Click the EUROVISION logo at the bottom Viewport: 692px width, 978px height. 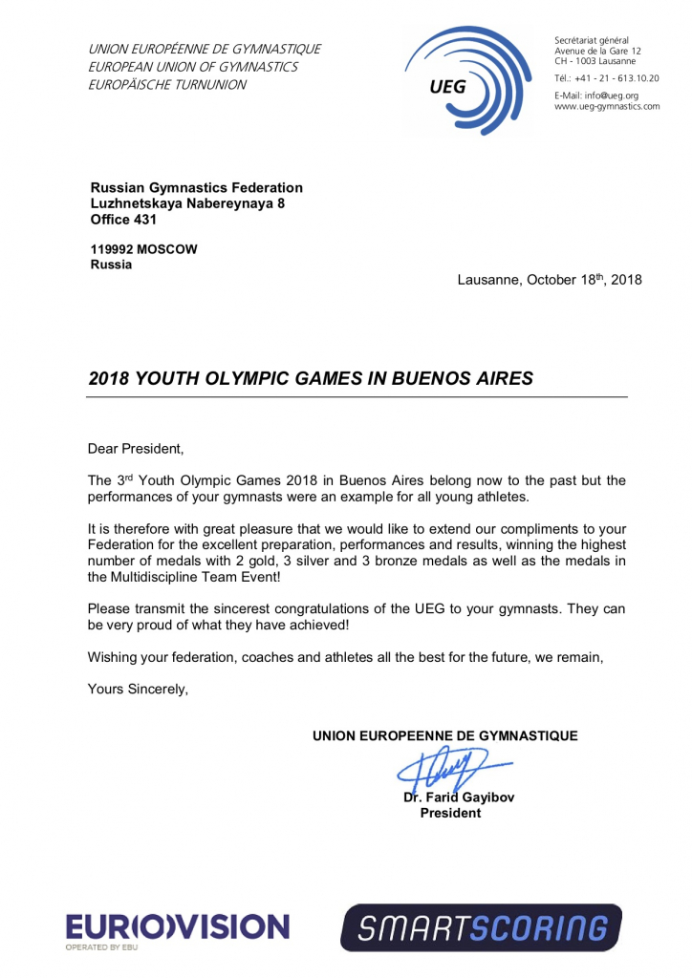[177, 927]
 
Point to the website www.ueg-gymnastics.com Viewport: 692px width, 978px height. [607, 106]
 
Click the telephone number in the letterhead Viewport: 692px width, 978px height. [606, 77]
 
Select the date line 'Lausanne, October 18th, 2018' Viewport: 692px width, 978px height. [550, 280]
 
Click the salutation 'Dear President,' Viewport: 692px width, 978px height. [135, 448]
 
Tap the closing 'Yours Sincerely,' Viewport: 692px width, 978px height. [138, 689]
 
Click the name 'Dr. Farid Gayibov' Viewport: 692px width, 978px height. [459, 797]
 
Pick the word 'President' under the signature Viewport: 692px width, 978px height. [450, 813]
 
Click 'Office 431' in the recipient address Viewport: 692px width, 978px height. [124, 219]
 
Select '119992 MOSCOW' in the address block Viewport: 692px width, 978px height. [143, 249]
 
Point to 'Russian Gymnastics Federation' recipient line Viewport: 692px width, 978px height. [196, 188]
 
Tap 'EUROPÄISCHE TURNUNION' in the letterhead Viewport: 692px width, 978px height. [167, 85]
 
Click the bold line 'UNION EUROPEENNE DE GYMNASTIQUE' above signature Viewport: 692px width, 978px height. [445, 735]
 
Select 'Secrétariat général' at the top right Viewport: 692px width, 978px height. [592, 39]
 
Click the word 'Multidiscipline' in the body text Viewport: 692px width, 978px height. [156, 577]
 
